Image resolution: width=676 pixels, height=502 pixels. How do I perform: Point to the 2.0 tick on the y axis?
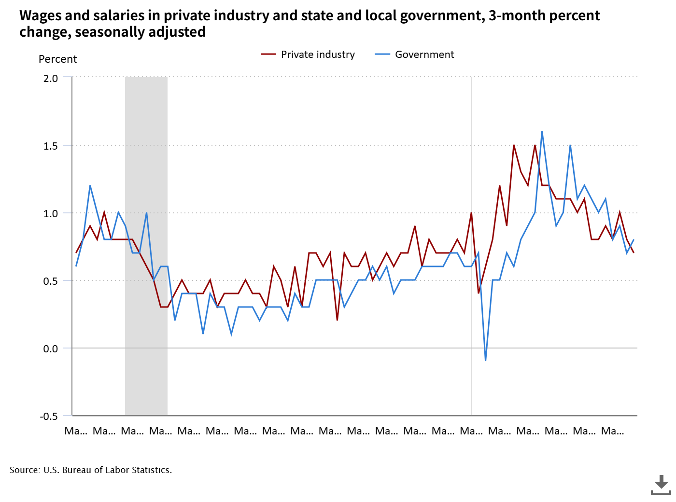[x=51, y=78]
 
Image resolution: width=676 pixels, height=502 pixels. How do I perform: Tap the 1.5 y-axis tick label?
[x=51, y=146]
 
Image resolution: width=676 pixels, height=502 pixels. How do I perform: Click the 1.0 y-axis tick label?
[x=51, y=213]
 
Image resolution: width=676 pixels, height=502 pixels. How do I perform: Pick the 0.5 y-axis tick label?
[x=51, y=281]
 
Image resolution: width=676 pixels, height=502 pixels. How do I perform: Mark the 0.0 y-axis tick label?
[x=51, y=349]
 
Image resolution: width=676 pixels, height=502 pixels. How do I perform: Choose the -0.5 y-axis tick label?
[x=49, y=416]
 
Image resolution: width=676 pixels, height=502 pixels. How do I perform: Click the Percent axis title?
[x=57, y=59]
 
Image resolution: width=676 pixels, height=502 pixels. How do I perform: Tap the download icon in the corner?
[x=661, y=485]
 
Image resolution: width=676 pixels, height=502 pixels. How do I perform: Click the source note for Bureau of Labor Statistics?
[x=91, y=470]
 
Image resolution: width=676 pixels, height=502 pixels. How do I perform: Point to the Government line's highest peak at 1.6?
[x=542, y=132]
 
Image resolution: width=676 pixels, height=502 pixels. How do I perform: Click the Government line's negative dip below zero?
[x=485, y=360]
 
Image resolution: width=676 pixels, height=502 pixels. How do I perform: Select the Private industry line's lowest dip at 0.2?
[x=337, y=320]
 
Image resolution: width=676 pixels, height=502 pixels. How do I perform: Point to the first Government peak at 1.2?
[x=90, y=186]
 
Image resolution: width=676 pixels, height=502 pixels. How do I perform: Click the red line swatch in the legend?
[x=268, y=55]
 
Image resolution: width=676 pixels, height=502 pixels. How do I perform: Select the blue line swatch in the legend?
[x=382, y=55]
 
